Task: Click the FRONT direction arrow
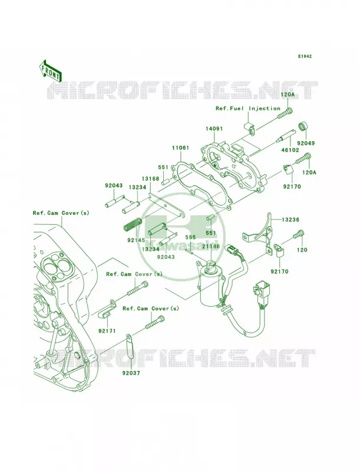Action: click(x=50, y=71)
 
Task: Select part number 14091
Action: click(x=214, y=128)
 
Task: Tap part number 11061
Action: click(x=181, y=148)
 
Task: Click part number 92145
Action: click(x=136, y=240)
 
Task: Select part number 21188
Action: click(x=211, y=246)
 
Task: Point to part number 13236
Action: click(x=290, y=220)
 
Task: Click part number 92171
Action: click(x=107, y=331)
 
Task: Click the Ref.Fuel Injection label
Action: click(x=248, y=108)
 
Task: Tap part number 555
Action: click(x=190, y=237)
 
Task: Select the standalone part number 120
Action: click(x=302, y=250)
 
